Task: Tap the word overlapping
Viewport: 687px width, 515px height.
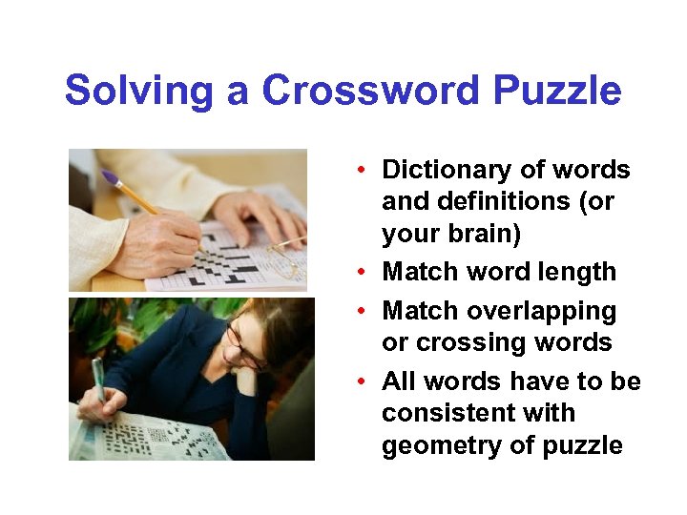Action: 542,312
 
